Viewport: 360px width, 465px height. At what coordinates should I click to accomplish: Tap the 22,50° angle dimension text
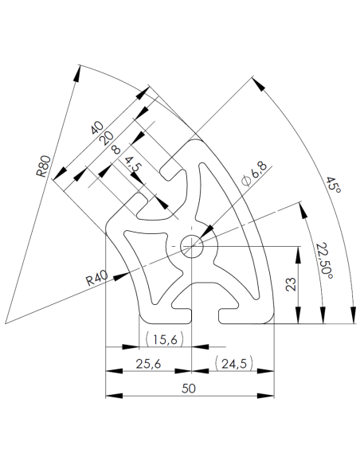click(323, 258)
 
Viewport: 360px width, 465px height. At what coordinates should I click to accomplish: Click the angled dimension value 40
click(98, 127)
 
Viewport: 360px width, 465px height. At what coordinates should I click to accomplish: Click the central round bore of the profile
click(192, 245)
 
